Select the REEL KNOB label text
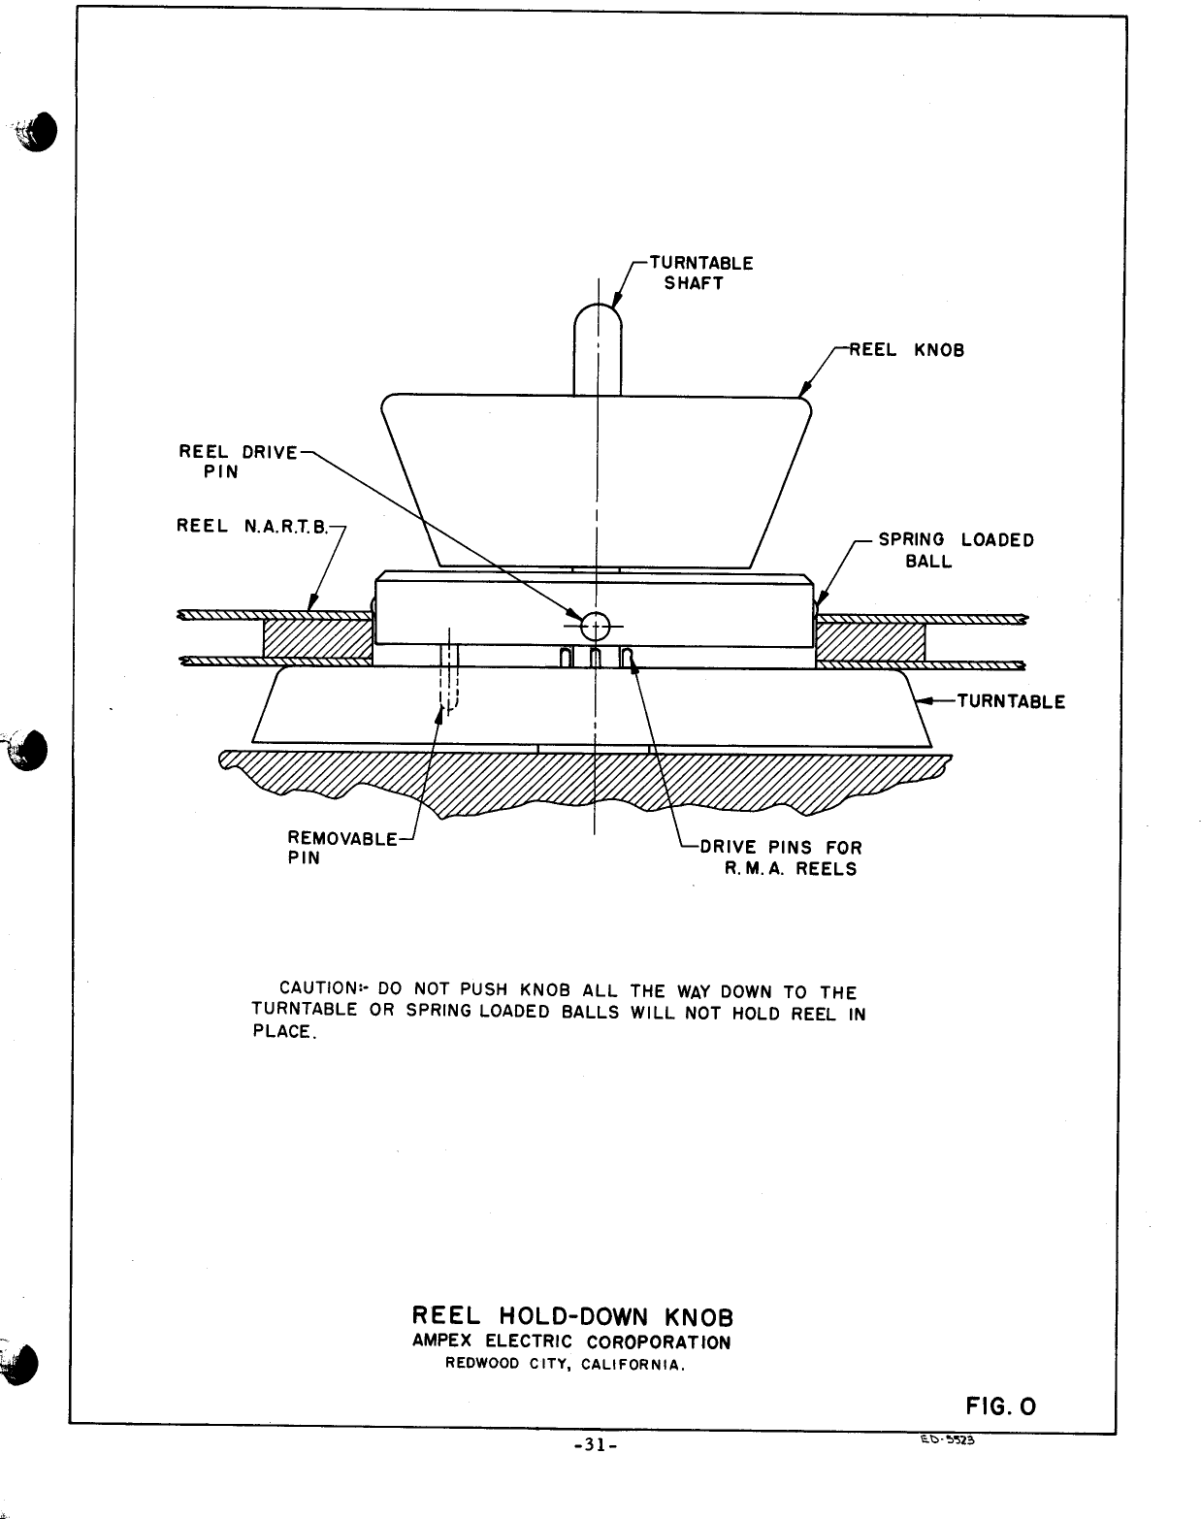907,350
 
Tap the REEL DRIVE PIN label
236,462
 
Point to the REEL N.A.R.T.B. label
253,526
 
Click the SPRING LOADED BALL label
955,550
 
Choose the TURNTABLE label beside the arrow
1011,701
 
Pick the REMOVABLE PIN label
341,847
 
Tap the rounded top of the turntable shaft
598,320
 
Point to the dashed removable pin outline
448,679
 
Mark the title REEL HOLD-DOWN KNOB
572,1316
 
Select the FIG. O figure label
1000,1406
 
